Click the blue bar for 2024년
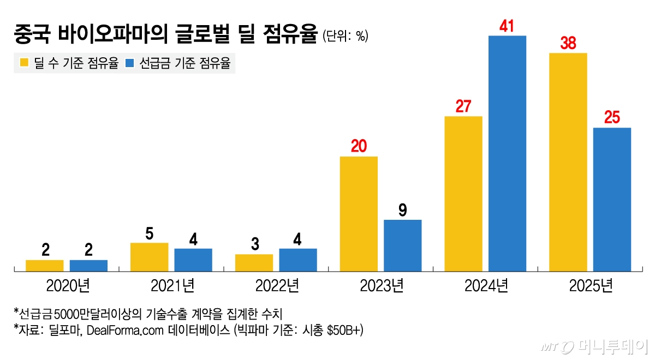[507, 153]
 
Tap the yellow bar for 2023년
[359, 214]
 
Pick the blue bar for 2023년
[402, 245]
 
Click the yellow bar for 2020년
[45, 266]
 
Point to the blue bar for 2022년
[297, 260]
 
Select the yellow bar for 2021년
[150, 257]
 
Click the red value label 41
[507, 26]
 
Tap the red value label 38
[568, 43]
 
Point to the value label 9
[402, 210]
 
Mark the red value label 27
[463, 106]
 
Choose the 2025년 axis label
[590, 285]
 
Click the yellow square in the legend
[24, 63]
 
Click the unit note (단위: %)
[345, 37]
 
